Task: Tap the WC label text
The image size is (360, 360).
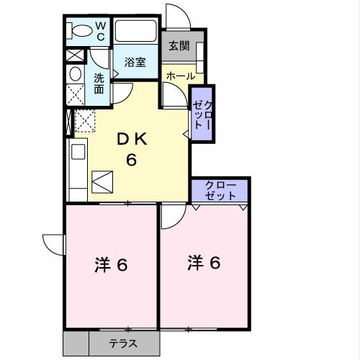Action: click(x=101, y=30)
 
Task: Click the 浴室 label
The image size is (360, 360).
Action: click(x=135, y=62)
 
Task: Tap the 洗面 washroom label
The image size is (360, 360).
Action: click(x=99, y=86)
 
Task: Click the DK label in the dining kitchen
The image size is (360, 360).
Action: click(x=132, y=140)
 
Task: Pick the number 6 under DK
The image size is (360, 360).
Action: click(x=132, y=160)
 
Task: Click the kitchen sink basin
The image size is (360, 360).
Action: click(x=77, y=152)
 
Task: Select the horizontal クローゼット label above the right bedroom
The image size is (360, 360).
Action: click(x=219, y=191)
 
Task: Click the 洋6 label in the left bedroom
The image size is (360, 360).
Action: click(x=111, y=265)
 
